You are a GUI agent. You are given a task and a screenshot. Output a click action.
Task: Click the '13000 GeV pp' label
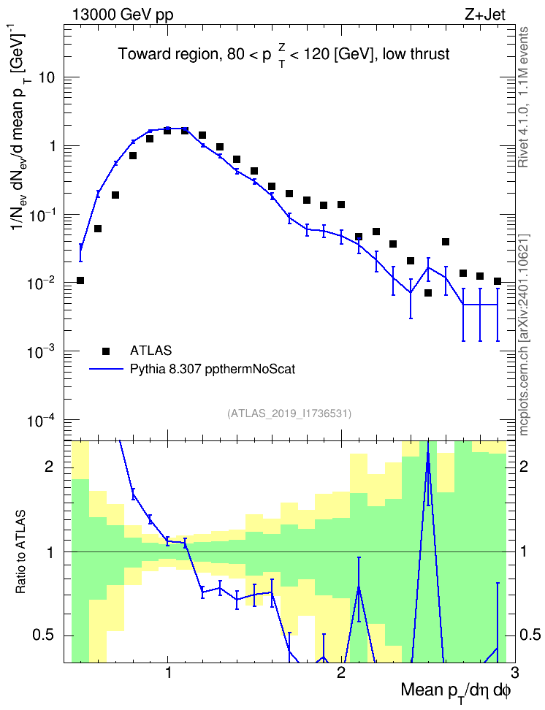tap(123, 15)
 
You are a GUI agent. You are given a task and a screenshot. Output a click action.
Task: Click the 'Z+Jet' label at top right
tap(485, 15)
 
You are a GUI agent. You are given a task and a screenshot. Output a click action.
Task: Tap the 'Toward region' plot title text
tap(168, 54)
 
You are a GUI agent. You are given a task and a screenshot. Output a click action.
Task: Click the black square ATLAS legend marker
tap(106, 351)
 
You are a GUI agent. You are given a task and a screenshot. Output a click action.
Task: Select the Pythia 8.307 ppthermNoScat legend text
tap(213, 369)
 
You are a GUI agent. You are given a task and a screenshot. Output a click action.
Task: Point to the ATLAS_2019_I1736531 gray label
tap(289, 413)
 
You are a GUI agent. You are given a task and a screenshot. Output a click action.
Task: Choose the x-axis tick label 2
tap(341, 671)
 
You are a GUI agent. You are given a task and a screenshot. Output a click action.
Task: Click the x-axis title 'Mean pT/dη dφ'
tap(456, 692)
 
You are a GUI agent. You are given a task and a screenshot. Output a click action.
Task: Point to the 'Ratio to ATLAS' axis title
tap(20, 551)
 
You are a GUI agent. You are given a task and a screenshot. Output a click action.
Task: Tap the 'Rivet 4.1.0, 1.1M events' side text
tap(523, 97)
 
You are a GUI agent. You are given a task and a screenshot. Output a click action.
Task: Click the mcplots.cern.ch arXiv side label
tap(524, 335)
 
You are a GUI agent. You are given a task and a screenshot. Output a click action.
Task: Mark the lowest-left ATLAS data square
tap(80, 280)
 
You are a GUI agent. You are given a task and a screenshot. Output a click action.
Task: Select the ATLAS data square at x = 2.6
tap(446, 242)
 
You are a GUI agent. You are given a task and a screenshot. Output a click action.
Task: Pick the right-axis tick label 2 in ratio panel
tap(524, 467)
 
